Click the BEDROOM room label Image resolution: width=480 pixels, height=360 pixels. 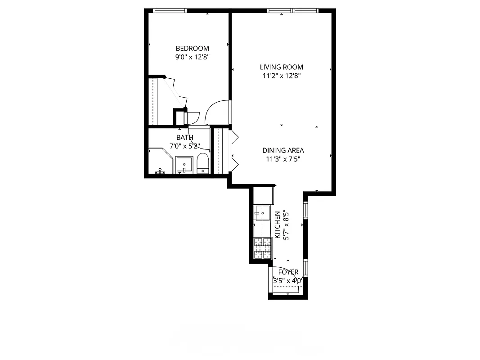[192, 49]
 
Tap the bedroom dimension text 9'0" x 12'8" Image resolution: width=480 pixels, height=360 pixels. [192, 57]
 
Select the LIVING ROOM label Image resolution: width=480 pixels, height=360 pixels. [281, 67]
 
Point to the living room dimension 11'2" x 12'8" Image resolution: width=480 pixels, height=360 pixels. [281, 76]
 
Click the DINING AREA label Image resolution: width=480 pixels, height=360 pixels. [283, 150]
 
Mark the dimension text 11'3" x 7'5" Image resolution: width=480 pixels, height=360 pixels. [283, 159]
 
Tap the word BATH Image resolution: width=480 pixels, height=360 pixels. [184, 137]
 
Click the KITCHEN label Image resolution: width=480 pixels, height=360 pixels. [278, 220]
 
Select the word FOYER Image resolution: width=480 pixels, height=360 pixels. [288, 272]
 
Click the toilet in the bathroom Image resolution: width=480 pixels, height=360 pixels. [203, 164]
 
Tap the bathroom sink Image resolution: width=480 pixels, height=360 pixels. [184, 165]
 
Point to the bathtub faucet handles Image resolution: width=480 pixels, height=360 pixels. [160, 171]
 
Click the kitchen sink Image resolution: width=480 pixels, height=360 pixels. [262, 212]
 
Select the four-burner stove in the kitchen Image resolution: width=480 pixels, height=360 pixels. [263, 248]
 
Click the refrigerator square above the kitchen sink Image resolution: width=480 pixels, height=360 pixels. [264, 195]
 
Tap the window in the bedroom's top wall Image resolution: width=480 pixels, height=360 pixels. [170, 11]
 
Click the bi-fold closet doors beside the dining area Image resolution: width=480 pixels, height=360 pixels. [233, 150]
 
